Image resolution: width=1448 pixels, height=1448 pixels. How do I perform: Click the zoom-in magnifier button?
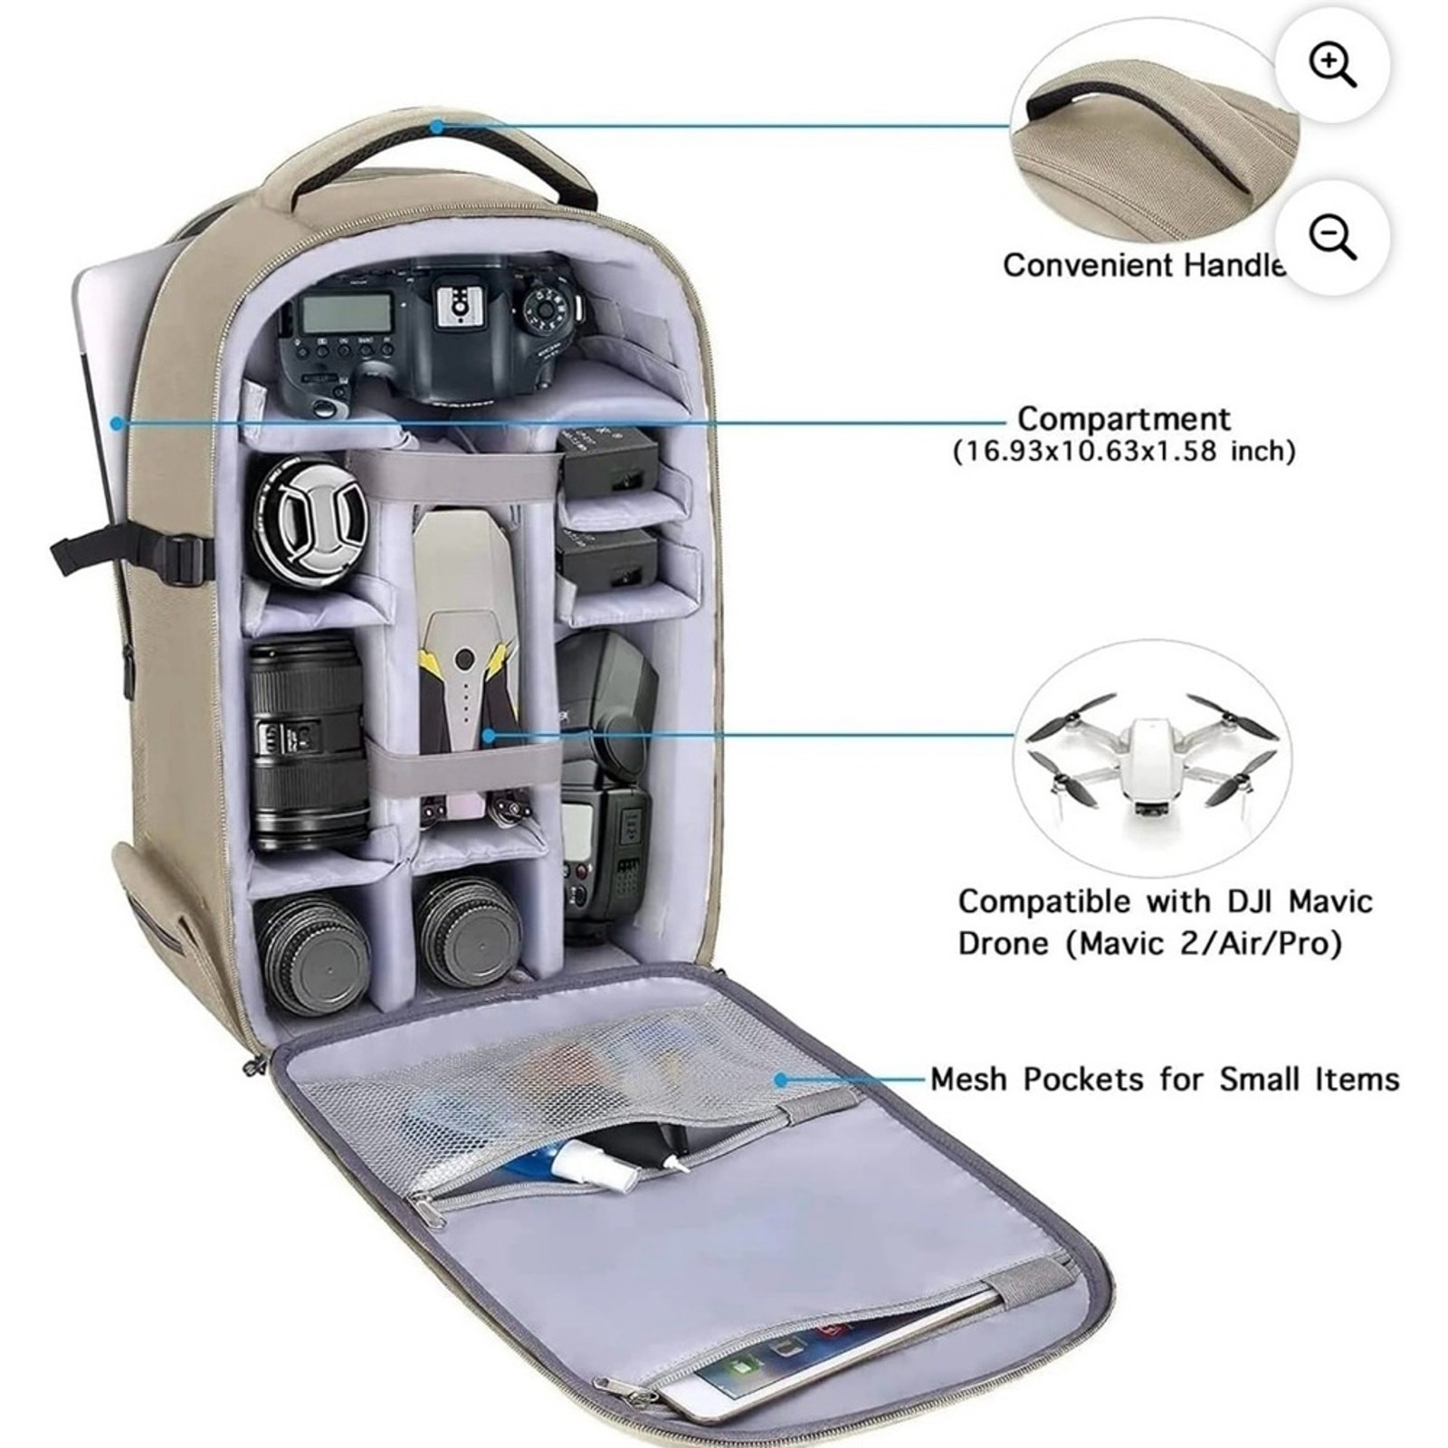(x=1332, y=65)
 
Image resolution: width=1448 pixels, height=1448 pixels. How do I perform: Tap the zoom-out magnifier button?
(x=1332, y=237)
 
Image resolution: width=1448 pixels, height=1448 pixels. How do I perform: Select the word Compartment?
(x=1123, y=419)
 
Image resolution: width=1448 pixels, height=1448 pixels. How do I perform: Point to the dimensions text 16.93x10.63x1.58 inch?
(x=1124, y=451)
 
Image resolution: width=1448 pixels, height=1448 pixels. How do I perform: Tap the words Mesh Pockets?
(x=1037, y=1080)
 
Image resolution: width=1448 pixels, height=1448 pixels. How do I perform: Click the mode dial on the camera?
(x=546, y=309)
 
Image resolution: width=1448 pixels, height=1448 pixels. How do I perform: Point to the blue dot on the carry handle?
(x=436, y=127)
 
